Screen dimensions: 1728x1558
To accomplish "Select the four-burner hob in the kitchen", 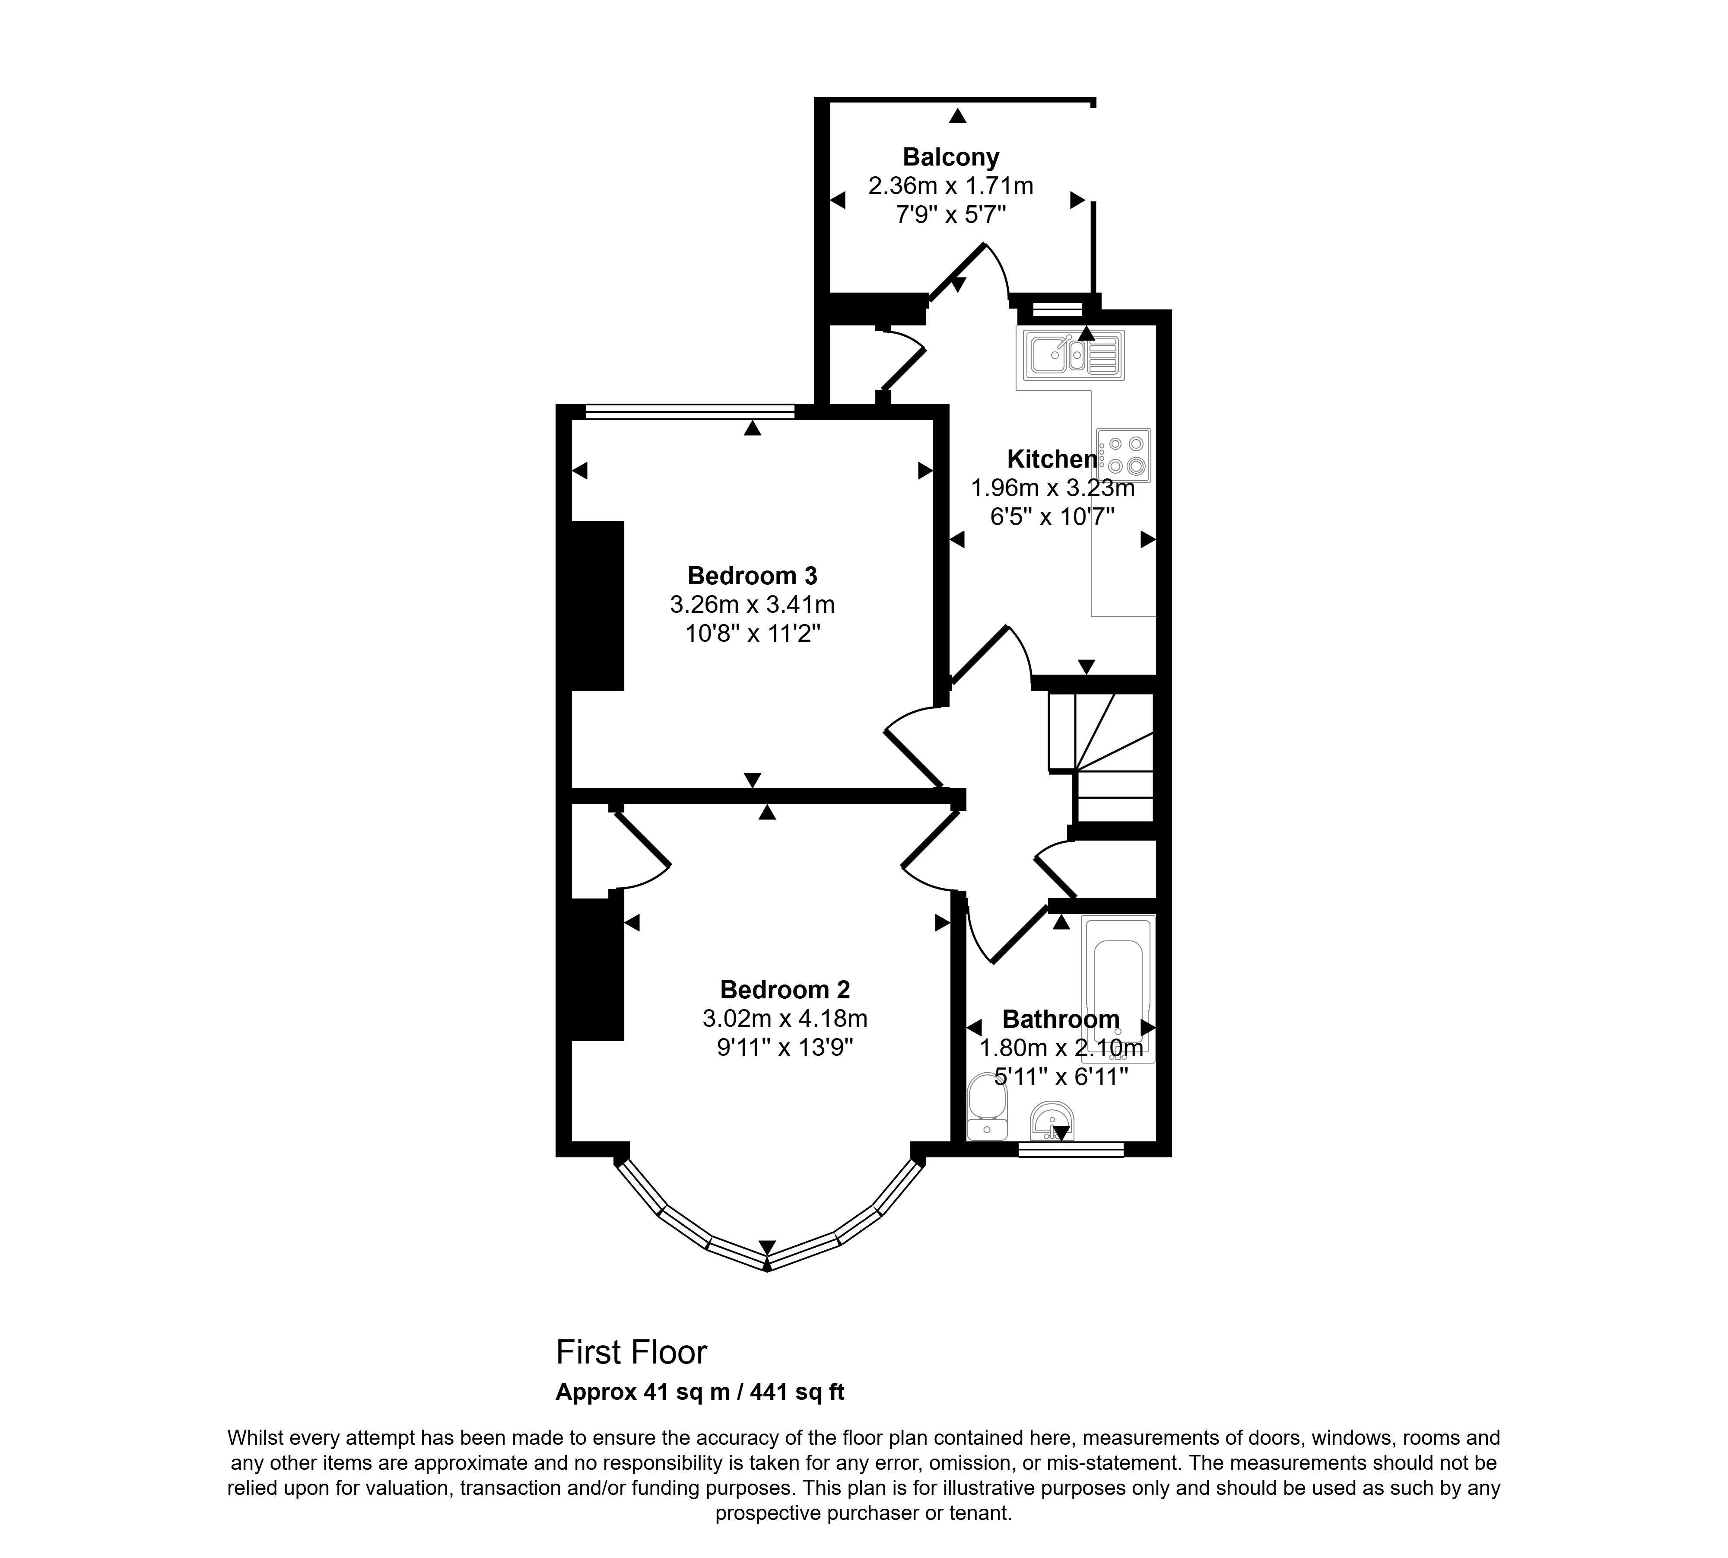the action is click(x=1124, y=456).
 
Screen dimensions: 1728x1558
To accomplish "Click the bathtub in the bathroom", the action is click(x=1118, y=989).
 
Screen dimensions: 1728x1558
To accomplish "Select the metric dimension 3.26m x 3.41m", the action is click(x=752, y=604).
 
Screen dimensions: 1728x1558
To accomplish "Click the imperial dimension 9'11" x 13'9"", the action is click(x=785, y=1048).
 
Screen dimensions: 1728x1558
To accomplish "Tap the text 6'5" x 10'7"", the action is click(x=1052, y=517).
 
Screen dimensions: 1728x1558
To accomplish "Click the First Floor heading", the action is click(x=632, y=1353).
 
